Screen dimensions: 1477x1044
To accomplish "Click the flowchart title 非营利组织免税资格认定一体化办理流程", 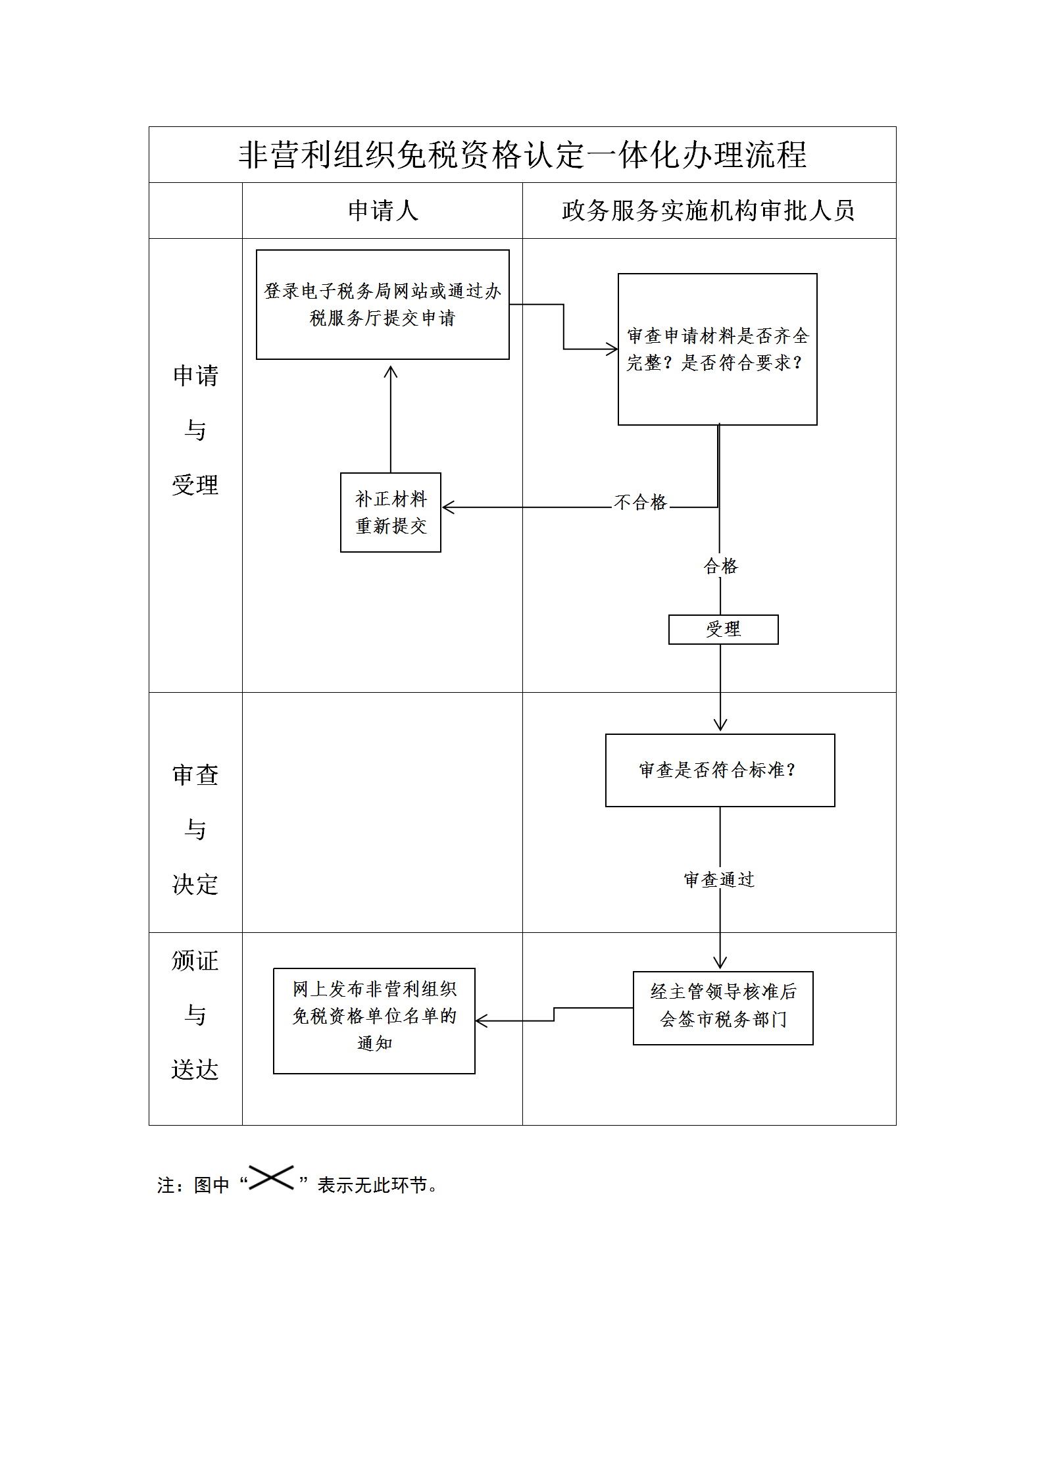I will pyautogui.click(x=522, y=155).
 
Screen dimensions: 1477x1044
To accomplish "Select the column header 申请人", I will pyautogui.click(x=383, y=211).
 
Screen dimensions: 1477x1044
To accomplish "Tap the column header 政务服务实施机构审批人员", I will pyautogui.click(x=708, y=211).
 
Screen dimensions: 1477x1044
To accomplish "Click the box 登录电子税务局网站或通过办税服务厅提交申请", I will pyautogui.click(x=382, y=305).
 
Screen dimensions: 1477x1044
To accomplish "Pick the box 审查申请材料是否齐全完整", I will pyautogui.click(x=717, y=349).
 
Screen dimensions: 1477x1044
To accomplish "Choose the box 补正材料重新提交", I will pyautogui.click(x=391, y=513).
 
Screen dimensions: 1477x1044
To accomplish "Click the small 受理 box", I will pyautogui.click(x=723, y=630).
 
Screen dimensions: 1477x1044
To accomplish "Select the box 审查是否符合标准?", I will pyautogui.click(x=720, y=770).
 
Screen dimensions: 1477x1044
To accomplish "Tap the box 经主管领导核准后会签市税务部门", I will pyautogui.click(x=723, y=1008).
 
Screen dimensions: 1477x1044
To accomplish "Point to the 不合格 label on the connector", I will pyautogui.click(x=640, y=503).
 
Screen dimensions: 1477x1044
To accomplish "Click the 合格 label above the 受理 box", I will pyautogui.click(x=721, y=566).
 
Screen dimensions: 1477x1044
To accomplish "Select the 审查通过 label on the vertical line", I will pyautogui.click(x=719, y=880).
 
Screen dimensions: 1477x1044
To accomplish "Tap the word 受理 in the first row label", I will pyautogui.click(x=195, y=485).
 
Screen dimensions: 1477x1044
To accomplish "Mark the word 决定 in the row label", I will pyautogui.click(x=195, y=884).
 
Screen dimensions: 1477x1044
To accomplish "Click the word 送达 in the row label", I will pyautogui.click(x=195, y=1070).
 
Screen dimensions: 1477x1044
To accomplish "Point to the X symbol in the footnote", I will pyautogui.click(x=271, y=1178).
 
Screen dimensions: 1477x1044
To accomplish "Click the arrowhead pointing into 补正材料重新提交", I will pyautogui.click(x=447, y=507).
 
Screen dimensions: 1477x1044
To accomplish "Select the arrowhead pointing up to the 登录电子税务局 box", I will pyautogui.click(x=391, y=372).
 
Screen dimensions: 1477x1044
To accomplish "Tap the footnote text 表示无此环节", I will pyautogui.click(x=372, y=1185).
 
